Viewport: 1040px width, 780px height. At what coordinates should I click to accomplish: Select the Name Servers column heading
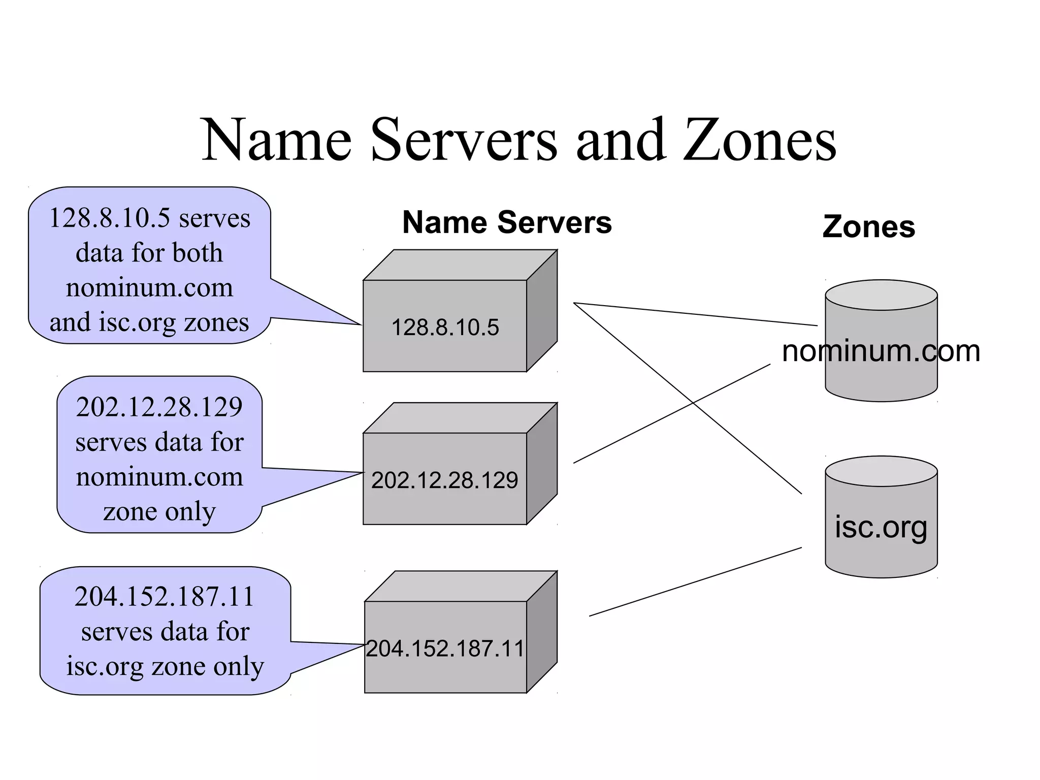tap(507, 222)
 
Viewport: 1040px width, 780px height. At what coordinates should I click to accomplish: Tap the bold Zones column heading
tap(868, 226)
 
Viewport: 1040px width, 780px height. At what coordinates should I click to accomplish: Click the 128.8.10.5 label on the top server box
tap(445, 328)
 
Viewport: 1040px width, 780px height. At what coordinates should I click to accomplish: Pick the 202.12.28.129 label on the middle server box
tap(444, 480)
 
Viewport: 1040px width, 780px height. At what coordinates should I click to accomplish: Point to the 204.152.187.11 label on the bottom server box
tap(445, 648)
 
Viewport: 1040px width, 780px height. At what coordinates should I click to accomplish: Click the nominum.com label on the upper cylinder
tap(881, 351)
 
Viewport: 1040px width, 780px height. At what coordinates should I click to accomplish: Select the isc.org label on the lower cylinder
tap(881, 527)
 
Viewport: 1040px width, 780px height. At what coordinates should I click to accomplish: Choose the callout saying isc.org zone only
tap(165, 631)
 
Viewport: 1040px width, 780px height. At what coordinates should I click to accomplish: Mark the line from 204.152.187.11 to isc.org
tap(696, 581)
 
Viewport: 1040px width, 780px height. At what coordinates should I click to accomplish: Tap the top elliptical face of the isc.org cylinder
tap(881, 471)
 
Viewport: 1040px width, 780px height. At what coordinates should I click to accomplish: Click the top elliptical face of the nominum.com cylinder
tap(881, 295)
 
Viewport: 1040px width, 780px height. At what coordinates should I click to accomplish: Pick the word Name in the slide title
tap(277, 140)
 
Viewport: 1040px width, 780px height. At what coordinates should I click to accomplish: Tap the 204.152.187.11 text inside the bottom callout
tap(164, 597)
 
